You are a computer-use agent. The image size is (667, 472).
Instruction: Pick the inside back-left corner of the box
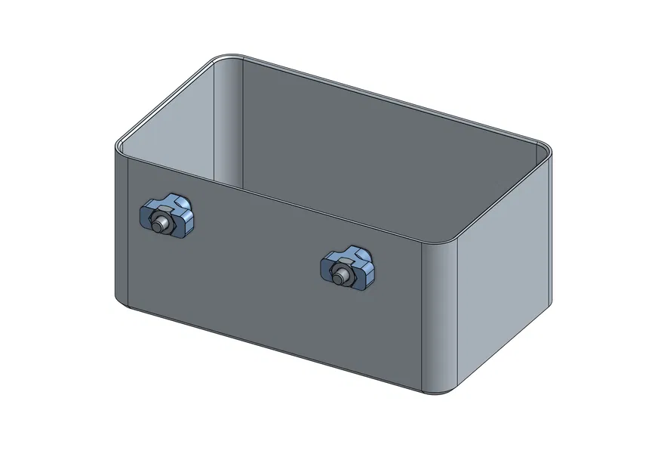point(227,121)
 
